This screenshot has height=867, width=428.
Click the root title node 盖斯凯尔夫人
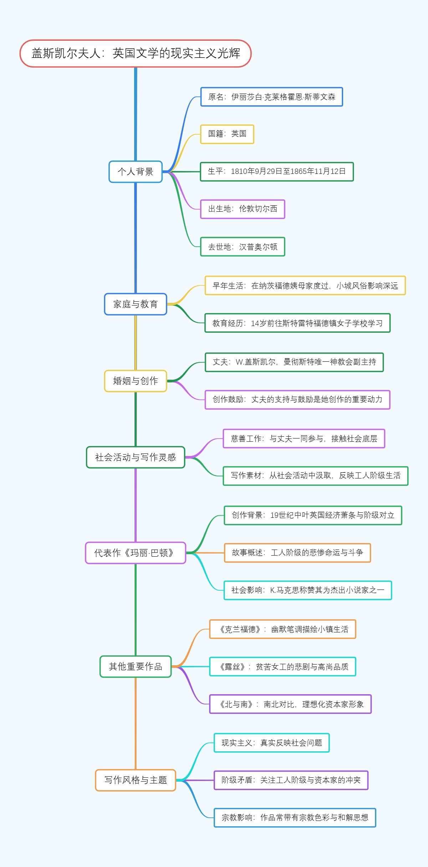(x=136, y=54)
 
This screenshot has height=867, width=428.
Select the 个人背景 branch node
(x=136, y=172)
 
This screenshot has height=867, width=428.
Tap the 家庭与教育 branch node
(x=136, y=304)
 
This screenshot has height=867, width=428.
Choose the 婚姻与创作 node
(x=136, y=381)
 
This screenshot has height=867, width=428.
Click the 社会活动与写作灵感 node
(x=136, y=457)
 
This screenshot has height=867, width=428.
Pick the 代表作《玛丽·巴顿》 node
(x=136, y=553)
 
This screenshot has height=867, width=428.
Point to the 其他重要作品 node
(x=136, y=667)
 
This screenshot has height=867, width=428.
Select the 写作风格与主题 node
(x=136, y=780)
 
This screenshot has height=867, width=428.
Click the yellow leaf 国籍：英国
(x=227, y=134)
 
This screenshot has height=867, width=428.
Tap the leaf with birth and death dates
(x=277, y=171)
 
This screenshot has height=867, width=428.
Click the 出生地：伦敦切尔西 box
(x=243, y=209)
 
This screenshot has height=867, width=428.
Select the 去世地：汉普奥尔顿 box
(x=243, y=247)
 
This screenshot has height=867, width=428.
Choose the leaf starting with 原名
(x=271, y=97)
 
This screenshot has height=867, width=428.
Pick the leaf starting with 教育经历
(x=297, y=323)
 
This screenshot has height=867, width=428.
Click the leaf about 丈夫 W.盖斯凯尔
(x=294, y=362)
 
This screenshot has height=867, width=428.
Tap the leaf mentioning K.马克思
(x=308, y=590)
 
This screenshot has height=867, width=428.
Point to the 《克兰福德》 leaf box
(x=283, y=629)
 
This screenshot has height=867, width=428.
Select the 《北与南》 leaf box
(x=290, y=704)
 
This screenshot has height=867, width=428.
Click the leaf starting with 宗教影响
(x=295, y=818)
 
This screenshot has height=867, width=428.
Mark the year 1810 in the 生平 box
(x=239, y=171)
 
